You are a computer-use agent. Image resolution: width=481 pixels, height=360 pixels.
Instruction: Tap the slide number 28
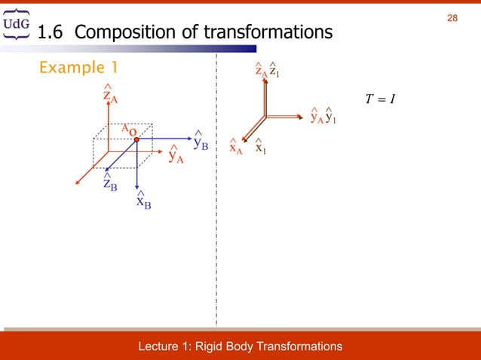click(x=452, y=17)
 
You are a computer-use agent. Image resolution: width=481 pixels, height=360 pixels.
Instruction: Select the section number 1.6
click(x=51, y=32)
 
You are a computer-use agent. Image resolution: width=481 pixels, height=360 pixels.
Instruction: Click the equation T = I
click(x=380, y=99)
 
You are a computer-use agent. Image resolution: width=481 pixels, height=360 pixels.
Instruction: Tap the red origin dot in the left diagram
click(x=136, y=139)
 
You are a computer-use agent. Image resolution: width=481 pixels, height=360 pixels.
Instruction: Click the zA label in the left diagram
click(x=109, y=96)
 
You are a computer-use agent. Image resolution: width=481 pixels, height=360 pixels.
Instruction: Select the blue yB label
click(x=201, y=142)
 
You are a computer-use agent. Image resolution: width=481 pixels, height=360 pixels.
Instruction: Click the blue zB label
click(x=110, y=184)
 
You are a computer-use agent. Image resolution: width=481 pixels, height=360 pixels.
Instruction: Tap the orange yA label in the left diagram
click(x=176, y=156)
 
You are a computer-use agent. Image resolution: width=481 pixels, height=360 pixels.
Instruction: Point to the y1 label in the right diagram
click(x=330, y=117)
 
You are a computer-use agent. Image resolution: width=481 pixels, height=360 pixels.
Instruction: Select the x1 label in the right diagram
click(x=260, y=148)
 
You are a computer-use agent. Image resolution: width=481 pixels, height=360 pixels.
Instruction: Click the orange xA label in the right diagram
click(x=236, y=148)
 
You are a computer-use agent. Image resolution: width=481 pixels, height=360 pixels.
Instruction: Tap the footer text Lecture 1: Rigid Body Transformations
click(x=240, y=346)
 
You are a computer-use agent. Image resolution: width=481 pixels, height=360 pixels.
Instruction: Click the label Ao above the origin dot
click(x=129, y=130)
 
